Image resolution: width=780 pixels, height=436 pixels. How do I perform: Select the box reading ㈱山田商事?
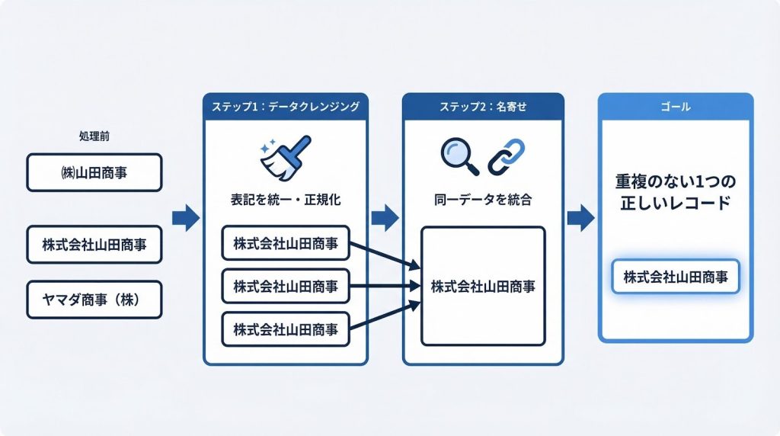(x=94, y=172)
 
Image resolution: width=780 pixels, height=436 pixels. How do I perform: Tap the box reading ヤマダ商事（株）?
(x=94, y=300)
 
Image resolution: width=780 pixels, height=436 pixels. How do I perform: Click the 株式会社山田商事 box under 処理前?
(x=94, y=244)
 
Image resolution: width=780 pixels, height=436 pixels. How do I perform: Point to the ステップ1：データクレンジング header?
(x=286, y=107)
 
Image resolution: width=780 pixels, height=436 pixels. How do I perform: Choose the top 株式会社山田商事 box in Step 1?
(x=286, y=244)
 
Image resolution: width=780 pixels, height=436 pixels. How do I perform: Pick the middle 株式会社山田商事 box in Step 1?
(x=286, y=287)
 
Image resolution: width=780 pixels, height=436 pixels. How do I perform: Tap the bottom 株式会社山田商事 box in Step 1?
(x=286, y=330)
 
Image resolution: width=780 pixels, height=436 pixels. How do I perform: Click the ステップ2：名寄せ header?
(x=483, y=107)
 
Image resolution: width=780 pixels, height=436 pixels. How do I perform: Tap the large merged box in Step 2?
(x=483, y=286)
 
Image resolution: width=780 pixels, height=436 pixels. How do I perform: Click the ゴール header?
(x=676, y=107)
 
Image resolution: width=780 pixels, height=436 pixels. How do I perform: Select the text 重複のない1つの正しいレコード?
(x=676, y=194)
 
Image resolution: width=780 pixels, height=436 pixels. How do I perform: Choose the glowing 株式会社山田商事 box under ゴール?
(x=676, y=277)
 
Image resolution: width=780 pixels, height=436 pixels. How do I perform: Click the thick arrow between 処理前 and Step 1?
(x=185, y=218)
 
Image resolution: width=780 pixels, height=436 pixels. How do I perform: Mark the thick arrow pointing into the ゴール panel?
(x=581, y=218)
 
